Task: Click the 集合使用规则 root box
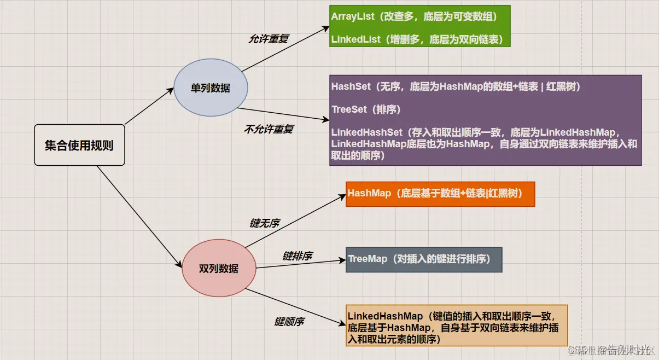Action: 79,145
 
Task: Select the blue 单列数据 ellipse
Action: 211,88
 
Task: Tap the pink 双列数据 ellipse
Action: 219,268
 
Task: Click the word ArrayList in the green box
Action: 353,16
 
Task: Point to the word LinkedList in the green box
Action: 355,39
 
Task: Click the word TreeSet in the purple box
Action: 349,109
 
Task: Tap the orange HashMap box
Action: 440,194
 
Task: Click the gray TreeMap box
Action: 424,259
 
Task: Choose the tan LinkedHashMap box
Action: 457,325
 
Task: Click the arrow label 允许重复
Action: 268,39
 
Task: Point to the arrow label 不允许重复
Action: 269,130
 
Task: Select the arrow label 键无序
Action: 265,223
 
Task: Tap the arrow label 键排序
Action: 297,256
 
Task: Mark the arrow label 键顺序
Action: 289,322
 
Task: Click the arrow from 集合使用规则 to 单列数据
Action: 149,106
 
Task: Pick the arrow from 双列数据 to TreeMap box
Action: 301,264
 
